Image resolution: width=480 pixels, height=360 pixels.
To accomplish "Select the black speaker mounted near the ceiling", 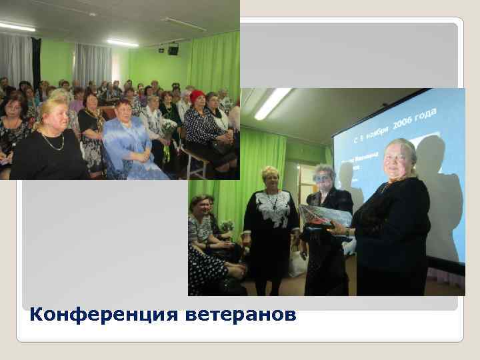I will click(x=173, y=49).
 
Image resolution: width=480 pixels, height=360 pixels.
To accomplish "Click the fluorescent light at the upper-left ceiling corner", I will click(x=17, y=27).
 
